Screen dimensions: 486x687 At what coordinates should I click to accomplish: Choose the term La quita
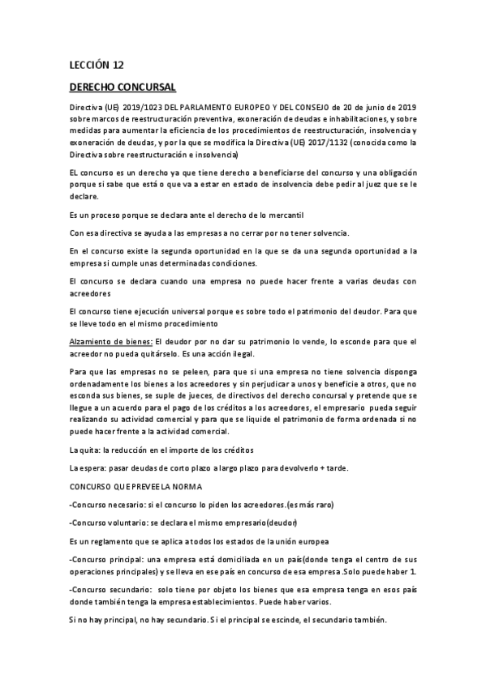(85, 450)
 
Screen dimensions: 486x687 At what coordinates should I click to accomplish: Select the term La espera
(88, 468)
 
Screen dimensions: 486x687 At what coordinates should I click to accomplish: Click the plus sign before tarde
(344, 468)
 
